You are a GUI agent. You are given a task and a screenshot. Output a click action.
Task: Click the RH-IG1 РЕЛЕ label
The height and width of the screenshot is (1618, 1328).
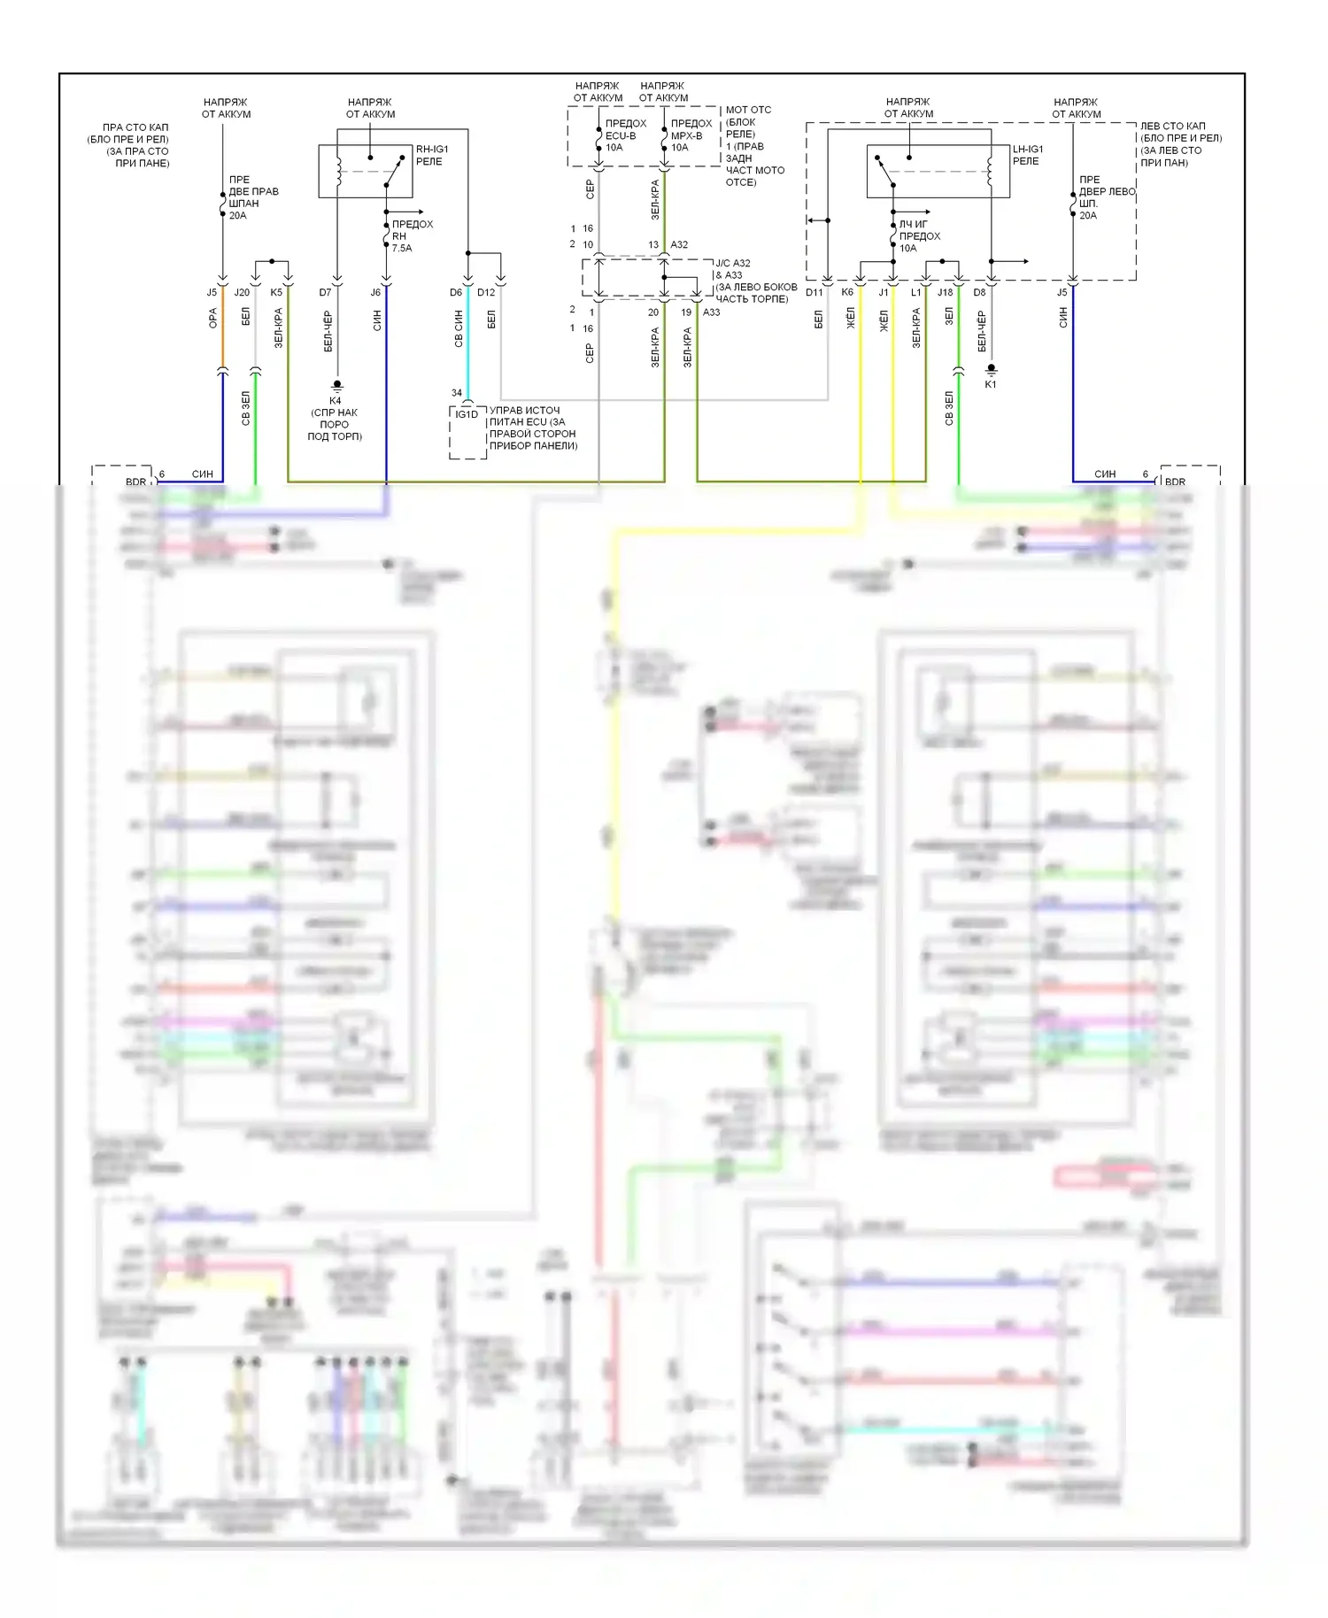click(432, 155)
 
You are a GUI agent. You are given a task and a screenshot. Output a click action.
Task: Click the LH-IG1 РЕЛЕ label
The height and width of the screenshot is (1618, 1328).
click(1028, 155)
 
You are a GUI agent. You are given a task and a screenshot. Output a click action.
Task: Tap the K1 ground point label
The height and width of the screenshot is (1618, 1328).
click(991, 384)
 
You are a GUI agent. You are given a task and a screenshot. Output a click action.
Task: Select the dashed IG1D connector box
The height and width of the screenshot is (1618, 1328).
click(467, 433)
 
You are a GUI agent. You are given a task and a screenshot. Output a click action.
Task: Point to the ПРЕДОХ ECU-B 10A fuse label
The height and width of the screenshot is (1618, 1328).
click(625, 135)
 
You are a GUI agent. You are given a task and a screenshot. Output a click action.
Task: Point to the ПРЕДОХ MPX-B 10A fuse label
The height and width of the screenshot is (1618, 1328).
click(691, 135)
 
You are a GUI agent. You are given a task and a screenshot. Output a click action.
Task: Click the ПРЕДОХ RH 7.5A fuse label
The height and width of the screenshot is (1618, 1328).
click(412, 236)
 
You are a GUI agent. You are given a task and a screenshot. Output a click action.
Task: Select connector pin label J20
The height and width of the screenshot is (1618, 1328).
click(242, 292)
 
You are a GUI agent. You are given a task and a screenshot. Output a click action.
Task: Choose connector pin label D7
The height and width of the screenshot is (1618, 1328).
click(325, 292)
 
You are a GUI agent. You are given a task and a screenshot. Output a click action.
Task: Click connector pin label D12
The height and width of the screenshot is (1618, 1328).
click(486, 292)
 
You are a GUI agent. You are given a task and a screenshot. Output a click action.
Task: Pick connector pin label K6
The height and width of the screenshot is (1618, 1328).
click(847, 292)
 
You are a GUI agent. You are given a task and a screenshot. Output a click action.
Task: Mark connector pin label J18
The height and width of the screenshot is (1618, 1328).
click(946, 292)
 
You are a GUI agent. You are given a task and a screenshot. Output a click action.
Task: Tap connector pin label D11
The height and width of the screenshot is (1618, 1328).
click(815, 292)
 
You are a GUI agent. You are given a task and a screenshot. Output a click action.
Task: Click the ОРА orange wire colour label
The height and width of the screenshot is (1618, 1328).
click(212, 319)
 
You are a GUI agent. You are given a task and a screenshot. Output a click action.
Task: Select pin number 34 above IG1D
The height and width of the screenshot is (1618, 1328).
click(456, 393)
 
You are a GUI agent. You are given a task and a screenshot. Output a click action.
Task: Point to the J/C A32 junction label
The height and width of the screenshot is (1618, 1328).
click(732, 263)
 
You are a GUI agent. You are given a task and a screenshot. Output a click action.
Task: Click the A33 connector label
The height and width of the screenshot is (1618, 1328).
click(711, 312)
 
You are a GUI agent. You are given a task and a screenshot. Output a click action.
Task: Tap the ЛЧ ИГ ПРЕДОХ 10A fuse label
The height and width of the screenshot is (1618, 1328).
click(919, 236)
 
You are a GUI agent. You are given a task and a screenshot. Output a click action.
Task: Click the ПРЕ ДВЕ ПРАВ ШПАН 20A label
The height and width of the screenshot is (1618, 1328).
click(253, 197)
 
